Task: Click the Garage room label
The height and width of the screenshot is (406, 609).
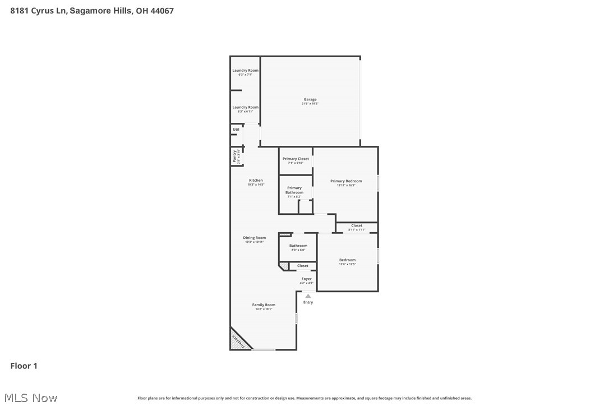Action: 310,101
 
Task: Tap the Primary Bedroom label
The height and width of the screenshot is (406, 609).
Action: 346,183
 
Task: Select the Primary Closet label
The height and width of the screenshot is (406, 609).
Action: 296,160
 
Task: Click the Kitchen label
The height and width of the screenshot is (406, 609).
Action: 256,182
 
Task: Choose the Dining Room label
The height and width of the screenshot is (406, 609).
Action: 255,239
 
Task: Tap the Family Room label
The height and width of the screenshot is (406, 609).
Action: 264,307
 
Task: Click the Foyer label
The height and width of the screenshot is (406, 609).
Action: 306,280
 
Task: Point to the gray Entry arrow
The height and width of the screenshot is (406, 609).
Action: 308,296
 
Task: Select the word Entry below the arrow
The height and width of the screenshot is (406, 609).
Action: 308,303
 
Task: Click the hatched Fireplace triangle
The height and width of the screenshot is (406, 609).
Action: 238,341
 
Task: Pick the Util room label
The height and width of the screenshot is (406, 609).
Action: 236,130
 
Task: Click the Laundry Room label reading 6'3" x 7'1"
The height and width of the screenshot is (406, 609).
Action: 246,72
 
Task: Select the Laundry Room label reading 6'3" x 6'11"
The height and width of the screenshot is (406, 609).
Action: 246,109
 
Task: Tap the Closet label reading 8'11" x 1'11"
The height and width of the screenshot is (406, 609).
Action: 357,227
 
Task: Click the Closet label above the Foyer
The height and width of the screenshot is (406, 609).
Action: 303,266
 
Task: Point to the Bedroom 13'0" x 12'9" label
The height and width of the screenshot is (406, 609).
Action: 347,261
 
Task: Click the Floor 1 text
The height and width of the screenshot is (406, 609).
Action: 24,366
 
